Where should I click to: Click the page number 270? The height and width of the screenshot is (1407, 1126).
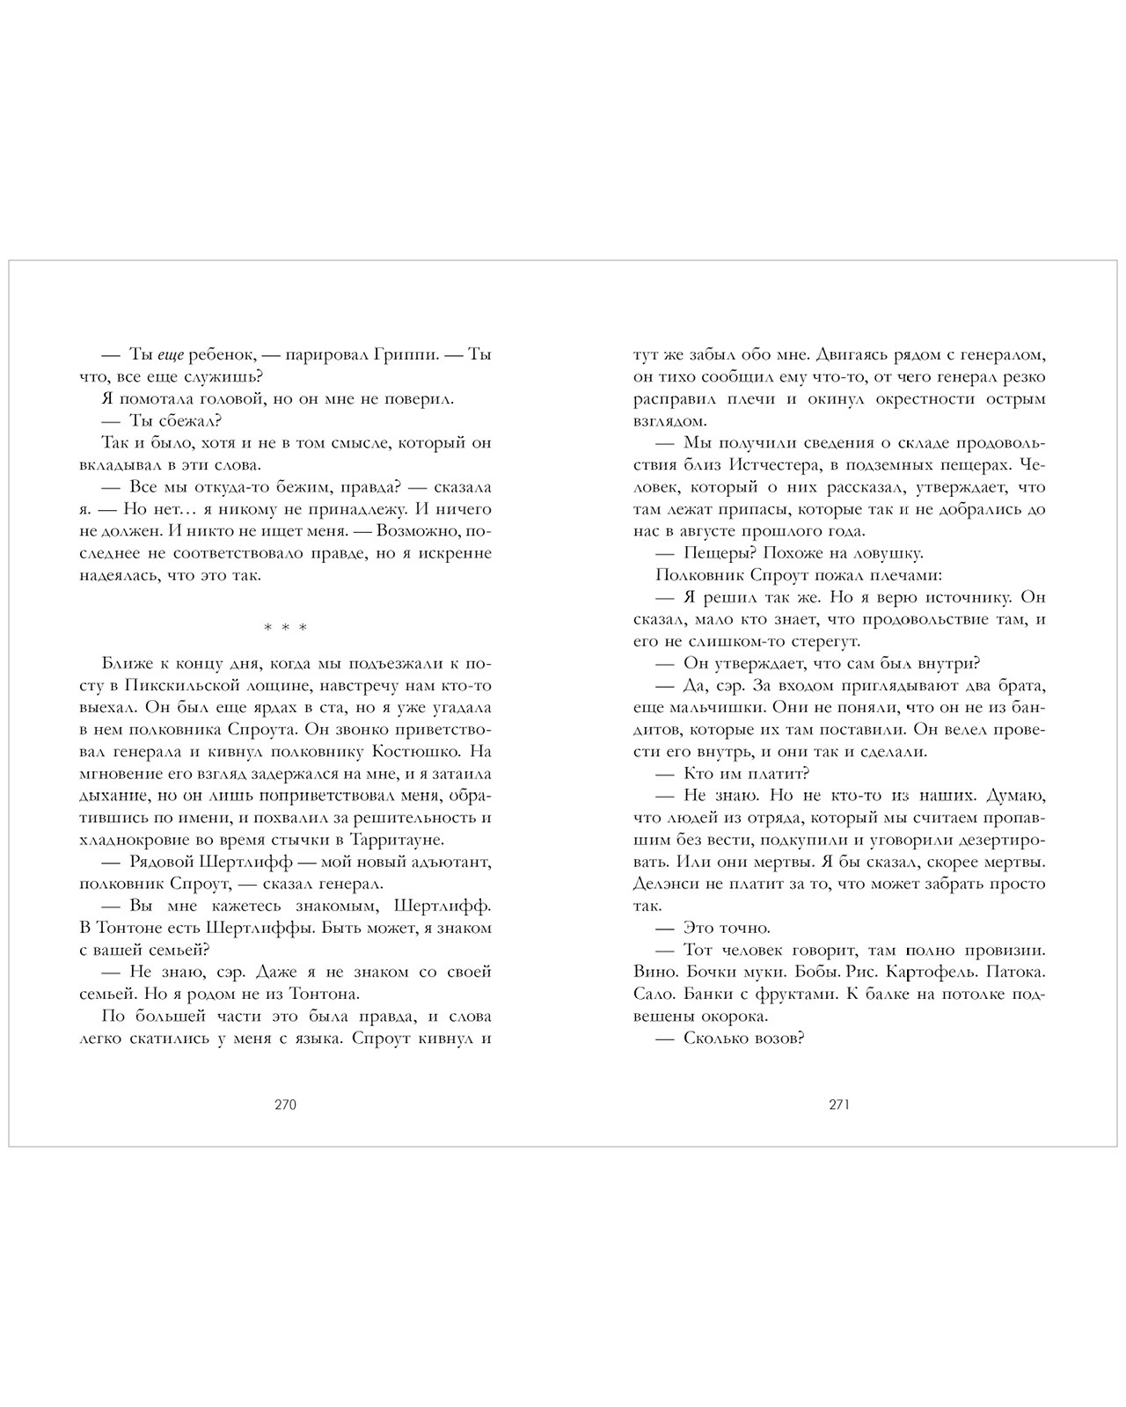click(285, 1105)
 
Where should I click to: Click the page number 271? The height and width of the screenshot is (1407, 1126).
click(838, 1105)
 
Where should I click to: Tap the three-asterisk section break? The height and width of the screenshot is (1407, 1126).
click(285, 628)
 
